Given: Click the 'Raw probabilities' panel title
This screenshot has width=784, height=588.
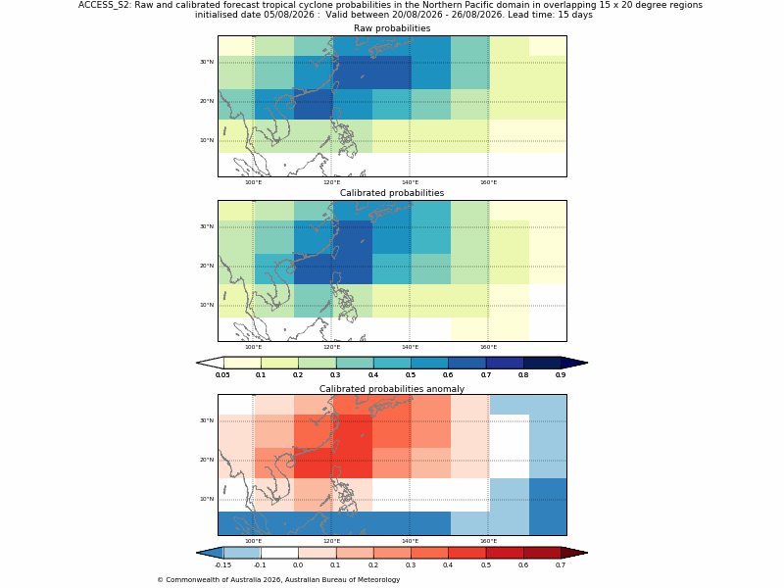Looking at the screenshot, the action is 392,28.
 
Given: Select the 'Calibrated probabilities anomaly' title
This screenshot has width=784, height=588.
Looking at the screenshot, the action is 392,388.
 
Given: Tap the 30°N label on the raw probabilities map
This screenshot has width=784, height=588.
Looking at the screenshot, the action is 207,62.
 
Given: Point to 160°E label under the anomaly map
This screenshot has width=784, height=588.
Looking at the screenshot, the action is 488,541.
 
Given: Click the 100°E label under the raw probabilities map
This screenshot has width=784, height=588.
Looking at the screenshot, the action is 254,182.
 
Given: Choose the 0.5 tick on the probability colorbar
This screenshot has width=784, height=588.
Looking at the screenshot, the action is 411,375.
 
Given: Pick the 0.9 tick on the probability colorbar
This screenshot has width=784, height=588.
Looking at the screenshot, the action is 561,375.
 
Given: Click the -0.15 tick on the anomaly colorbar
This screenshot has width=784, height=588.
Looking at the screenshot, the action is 222,565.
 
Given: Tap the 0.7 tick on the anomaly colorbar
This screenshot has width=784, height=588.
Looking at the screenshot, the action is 561,565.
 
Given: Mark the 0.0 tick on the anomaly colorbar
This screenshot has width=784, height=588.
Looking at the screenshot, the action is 298,565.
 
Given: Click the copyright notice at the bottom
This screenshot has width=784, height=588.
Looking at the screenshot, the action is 278,580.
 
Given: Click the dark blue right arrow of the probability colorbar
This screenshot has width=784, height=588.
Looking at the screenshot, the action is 574,363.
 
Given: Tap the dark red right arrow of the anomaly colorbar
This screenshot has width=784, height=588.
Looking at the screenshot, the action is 574,553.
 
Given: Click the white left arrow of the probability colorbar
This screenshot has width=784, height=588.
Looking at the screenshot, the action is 210,363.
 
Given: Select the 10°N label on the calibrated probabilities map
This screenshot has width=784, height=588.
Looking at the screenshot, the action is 207,305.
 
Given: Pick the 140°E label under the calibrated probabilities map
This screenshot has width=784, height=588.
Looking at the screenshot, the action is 410,347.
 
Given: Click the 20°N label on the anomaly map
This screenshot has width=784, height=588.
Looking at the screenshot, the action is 207,460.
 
